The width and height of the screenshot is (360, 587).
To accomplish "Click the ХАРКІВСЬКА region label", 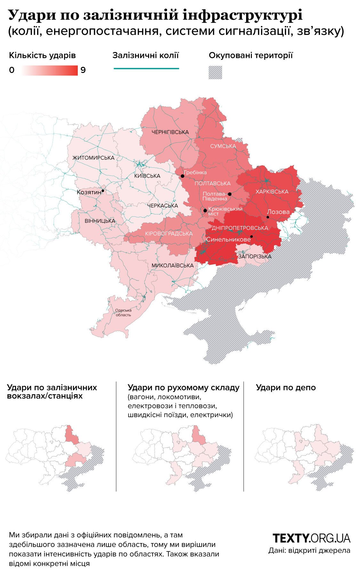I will (272, 192).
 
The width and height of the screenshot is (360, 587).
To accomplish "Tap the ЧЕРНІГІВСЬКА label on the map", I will (170, 132).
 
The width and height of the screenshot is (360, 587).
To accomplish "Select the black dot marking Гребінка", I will (182, 176).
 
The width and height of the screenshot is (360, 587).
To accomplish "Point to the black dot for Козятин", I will (103, 191).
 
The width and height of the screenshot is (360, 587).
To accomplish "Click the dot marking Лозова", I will (268, 217).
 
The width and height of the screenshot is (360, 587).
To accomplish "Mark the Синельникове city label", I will (228, 239).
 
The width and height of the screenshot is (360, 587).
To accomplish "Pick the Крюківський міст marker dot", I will (205, 211).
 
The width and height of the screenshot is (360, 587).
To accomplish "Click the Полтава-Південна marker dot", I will (229, 194).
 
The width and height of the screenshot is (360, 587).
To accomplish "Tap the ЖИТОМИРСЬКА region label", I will (93, 158).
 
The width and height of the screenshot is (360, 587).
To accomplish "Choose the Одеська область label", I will (123, 312).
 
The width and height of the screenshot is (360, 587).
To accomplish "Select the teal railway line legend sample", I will (146, 68).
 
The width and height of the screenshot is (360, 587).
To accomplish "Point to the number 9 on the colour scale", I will (83, 70).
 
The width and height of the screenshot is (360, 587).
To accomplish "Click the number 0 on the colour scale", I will (12, 70).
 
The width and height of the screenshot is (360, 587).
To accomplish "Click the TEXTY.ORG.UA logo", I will (311, 538).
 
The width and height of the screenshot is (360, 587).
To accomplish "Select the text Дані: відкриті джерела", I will (309, 551).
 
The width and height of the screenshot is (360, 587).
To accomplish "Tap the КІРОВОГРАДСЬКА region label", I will (169, 234).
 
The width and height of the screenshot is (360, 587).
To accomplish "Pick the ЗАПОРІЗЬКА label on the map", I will (255, 256).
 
